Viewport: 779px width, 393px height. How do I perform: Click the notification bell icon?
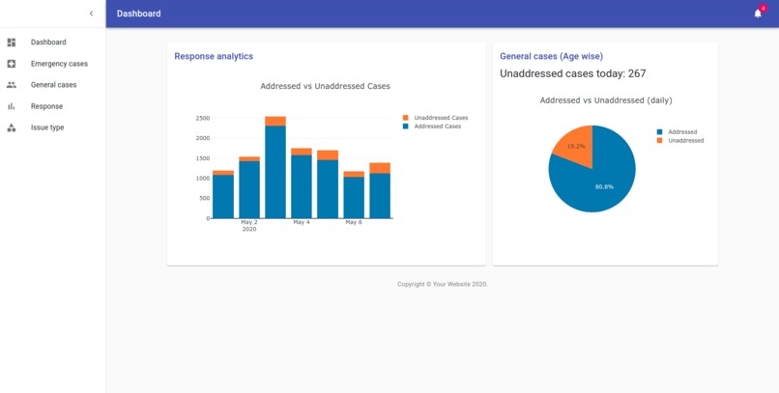point(758,14)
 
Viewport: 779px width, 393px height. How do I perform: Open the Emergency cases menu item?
point(59,64)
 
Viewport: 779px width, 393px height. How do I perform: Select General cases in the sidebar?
point(53,85)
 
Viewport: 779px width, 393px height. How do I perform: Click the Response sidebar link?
point(46,106)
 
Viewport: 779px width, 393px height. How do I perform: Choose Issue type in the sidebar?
point(47,127)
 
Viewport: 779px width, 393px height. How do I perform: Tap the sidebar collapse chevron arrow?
point(92,14)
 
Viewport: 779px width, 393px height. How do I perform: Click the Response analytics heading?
point(214,57)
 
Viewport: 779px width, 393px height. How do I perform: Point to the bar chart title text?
point(325,87)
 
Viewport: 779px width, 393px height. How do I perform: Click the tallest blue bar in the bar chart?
point(275,174)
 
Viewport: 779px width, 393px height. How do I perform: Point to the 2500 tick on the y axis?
point(202,119)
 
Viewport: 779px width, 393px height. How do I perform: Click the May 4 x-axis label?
point(302,223)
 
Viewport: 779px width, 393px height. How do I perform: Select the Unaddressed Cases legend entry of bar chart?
point(440,118)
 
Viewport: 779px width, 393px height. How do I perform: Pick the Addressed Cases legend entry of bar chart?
point(437,126)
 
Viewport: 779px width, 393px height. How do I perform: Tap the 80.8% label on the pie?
point(603,186)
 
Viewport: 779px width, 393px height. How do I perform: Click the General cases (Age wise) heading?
point(551,57)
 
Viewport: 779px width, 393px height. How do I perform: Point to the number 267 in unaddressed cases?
point(635,74)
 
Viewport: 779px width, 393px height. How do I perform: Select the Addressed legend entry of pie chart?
point(681,132)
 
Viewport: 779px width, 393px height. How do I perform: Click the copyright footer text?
point(442,285)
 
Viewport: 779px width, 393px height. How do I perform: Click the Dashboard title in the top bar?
point(138,14)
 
